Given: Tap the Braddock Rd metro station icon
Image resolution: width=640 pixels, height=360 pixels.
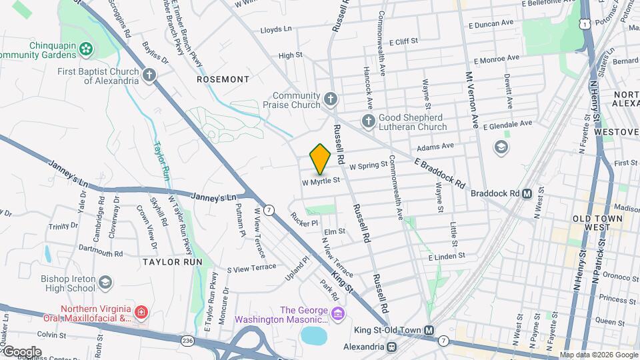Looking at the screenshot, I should pyautogui.click(x=527, y=194).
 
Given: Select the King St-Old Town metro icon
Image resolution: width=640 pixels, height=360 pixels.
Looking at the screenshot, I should pyautogui.click(x=429, y=331).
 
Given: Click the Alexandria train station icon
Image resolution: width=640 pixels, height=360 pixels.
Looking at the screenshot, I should pyautogui.click(x=392, y=347).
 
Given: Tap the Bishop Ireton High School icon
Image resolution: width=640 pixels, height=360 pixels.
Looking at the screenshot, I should pyautogui.click(x=105, y=283).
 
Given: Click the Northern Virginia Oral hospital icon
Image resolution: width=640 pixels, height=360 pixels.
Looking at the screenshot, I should pyautogui.click(x=141, y=312).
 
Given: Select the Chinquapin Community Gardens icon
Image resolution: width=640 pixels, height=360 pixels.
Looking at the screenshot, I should pyautogui.click(x=85, y=48).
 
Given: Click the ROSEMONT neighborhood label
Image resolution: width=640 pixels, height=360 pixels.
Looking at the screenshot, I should pyautogui.click(x=223, y=79).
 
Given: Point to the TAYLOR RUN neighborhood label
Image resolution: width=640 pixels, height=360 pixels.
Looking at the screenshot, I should pyautogui.click(x=172, y=262).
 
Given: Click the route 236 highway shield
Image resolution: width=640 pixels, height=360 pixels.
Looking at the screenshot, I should pyautogui.click(x=187, y=340).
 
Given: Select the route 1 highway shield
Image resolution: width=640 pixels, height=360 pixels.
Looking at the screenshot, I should pyautogui.click(x=585, y=23).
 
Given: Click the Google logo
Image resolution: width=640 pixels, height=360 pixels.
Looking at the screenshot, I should pyautogui.click(x=21, y=351).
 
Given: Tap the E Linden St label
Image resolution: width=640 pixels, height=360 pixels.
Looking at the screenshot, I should pyautogui.click(x=446, y=257).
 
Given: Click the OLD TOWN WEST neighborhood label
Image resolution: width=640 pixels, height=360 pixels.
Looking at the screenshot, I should pyautogui.click(x=597, y=223).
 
